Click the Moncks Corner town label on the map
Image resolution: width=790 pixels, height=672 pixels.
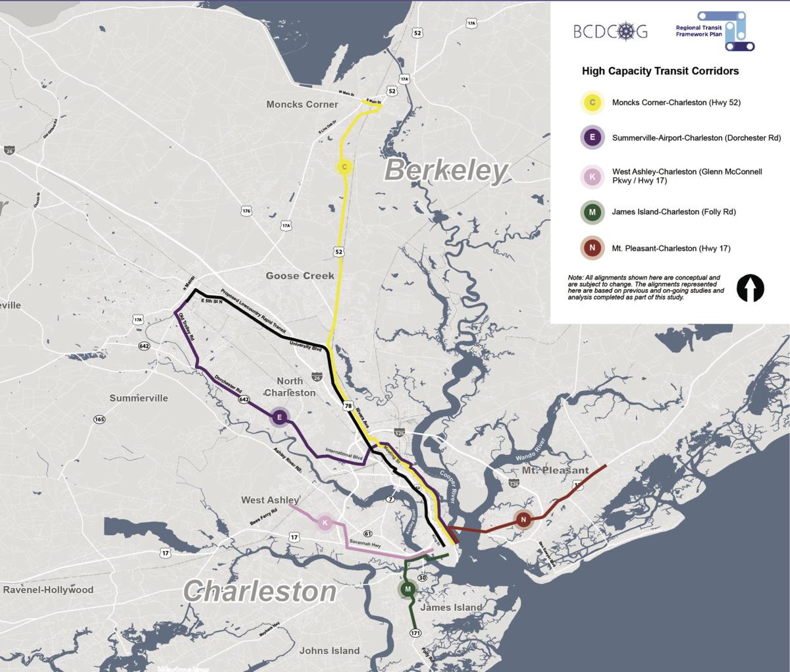click(302, 104)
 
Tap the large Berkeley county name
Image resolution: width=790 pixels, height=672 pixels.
click(446, 170)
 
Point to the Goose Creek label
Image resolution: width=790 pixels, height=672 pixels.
click(300, 276)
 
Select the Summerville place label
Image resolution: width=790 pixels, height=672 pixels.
click(139, 398)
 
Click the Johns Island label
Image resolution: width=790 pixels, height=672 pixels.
click(329, 650)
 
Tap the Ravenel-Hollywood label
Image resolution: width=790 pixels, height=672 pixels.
click(48, 590)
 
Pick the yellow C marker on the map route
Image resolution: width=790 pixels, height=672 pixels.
click(344, 167)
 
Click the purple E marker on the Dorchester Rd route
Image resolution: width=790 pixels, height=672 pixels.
click(279, 417)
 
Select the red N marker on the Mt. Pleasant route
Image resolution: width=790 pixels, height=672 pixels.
click(523, 519)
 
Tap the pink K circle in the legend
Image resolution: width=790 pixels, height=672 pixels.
click(592, 176)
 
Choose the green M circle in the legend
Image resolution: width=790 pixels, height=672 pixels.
click(592, 212)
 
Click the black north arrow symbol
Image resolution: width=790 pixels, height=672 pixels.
click(750, 288)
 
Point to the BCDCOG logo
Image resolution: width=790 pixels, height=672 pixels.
click(610, 31)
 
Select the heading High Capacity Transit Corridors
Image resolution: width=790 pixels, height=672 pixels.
click(660, 71)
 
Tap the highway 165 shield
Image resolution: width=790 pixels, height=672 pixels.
click(99, 419)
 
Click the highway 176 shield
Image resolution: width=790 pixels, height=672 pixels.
click(246, 211)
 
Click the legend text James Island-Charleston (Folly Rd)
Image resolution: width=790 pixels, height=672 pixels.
click(673, 212)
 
